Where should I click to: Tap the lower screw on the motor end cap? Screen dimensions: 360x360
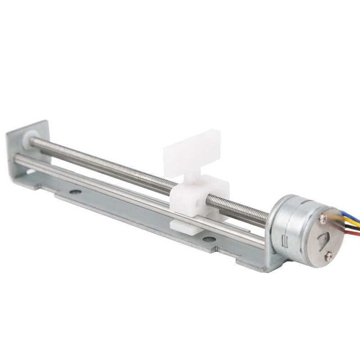point(329,256)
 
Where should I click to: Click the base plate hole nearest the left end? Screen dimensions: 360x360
point(75,192)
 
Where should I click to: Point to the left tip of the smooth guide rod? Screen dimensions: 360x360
point(17,158)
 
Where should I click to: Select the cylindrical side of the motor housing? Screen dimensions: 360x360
point(288,225)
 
